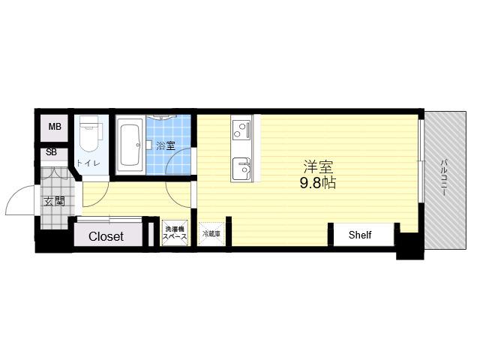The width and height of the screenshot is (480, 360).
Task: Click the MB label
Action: pos(55,127)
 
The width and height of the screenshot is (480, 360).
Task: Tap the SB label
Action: pos(52,152)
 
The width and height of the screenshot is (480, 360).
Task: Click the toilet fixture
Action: pos(91,133)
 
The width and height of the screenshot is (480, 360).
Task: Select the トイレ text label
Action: pos(88,163)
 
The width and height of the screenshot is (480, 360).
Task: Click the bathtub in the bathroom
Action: pos(130,146)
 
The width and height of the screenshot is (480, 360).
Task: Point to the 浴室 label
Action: pos(166,145)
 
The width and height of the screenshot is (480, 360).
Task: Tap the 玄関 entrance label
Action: pos(54,202)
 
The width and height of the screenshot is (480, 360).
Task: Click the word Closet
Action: pos(106,236)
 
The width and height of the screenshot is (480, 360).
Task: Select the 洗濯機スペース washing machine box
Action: pos(175,232)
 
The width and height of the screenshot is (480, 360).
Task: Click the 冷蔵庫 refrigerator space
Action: pos(211,233)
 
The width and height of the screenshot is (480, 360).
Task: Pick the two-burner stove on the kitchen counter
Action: pos(241,130)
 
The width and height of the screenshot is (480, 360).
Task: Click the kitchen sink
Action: pos(241,169)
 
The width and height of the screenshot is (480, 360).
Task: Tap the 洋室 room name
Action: pos(318,167)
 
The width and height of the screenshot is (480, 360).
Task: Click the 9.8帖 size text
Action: pos(318,183)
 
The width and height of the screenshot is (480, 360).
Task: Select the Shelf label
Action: pos(360,235)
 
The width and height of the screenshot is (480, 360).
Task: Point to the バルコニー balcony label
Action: pos(443,178)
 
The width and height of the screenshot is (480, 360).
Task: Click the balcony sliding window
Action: pos(421,160)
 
